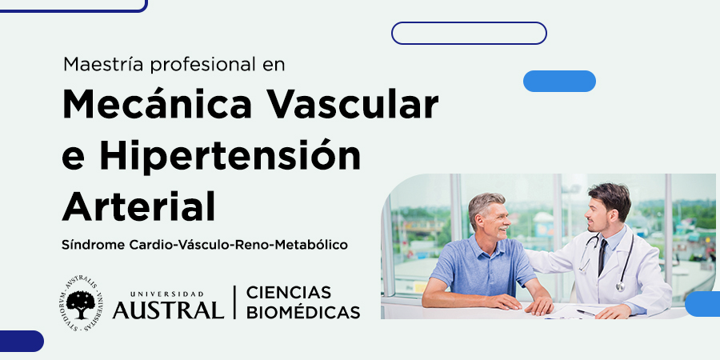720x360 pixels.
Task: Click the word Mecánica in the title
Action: coord(157,104)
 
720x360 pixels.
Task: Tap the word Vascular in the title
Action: coord(353,104)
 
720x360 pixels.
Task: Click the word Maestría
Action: coord(104,64)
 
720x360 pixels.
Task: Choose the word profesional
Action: coord(202,66)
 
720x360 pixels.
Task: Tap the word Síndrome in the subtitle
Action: coord(94,245)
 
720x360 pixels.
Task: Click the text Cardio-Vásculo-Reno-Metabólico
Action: coord(238,245)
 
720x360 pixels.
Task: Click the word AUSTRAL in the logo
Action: coord(168,310)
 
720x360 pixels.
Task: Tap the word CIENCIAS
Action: coord(289,293)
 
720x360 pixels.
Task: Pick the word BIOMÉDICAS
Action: coord(303,312)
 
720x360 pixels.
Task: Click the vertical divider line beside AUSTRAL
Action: coord(235,302)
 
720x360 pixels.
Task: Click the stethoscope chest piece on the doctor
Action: coord(620,287)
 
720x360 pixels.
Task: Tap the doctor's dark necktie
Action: coord(602,256)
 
